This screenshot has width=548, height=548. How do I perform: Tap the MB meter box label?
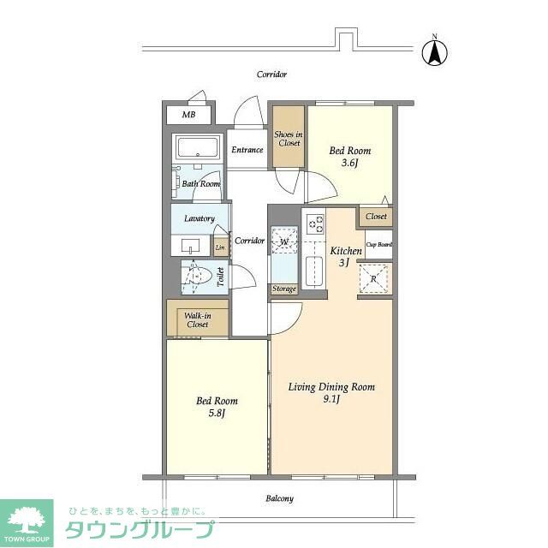(188, 115)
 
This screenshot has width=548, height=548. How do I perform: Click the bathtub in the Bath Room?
(198, 149)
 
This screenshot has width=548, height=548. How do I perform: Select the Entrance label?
(247, 150)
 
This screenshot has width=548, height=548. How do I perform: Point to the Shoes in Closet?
(289, 138)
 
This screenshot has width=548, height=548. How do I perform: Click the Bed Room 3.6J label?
(349, 156)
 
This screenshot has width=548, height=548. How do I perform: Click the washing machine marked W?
(283, 242)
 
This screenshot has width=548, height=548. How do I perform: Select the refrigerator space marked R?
(374, 277)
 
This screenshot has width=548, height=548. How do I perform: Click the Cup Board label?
(378, 245)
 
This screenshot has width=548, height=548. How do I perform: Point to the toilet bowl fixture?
(200, 277)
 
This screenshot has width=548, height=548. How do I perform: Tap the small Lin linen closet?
(220, 247)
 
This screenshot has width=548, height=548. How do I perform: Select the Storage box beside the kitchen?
(283, 289)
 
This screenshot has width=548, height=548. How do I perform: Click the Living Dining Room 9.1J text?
(331, 393)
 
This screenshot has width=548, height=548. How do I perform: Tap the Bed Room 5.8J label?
(217, 406)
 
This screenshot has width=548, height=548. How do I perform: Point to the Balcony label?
(279, 498)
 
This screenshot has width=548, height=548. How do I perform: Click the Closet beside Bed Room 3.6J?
(376, 217)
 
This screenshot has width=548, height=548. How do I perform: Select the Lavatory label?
(199, 218)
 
